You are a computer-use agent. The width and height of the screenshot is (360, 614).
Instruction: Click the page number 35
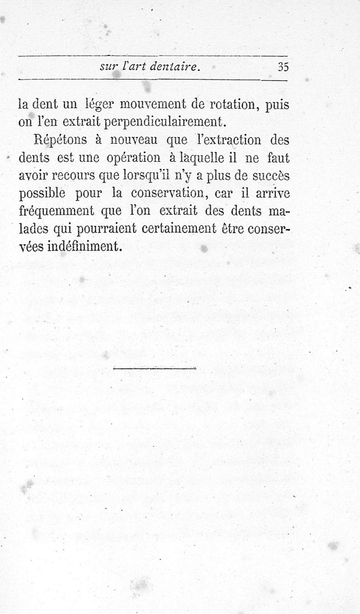[283, 67]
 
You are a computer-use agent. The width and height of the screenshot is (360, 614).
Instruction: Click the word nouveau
[135, 140]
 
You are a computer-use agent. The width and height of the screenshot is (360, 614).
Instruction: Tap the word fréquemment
[57, 211]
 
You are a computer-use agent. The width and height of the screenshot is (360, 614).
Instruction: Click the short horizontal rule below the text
[155, 369]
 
